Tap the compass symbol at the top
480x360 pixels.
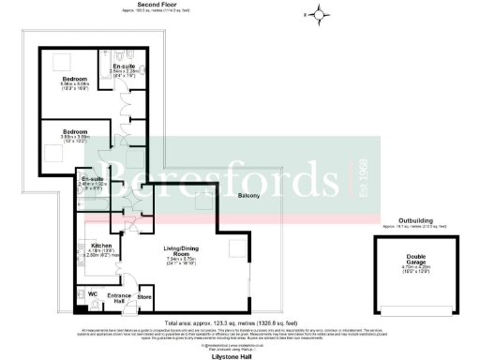click(x=319, y=13)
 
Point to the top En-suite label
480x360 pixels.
click(x=125, y=67)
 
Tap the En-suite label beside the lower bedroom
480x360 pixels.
click(x=92, y=179)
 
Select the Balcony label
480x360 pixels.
click(x=248, y=195)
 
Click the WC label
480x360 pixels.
click(x=93, y=292)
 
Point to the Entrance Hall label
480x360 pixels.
click(x=119, y=298)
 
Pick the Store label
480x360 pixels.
click(x=143, y=299)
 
